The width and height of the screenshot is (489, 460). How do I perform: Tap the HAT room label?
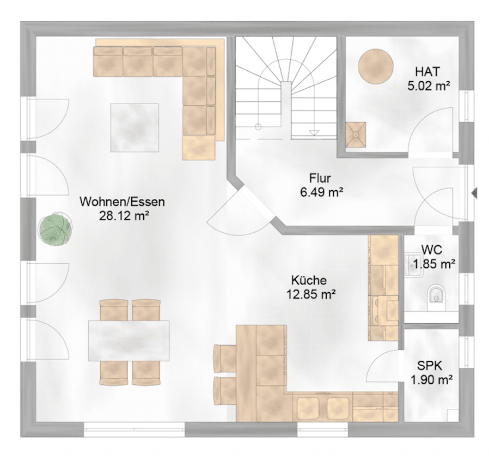(427, 71)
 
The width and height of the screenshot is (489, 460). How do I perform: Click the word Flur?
(320, 179)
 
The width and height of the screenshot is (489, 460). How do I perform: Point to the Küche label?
(309, 280)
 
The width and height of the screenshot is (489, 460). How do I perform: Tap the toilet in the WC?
(436, 295)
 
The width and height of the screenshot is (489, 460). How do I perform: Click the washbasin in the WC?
(413, 265)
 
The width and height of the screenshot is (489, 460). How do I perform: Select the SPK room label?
(430, 366)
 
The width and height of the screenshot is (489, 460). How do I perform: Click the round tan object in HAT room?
(376, 66)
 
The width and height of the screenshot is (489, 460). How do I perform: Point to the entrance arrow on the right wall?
(474, 193)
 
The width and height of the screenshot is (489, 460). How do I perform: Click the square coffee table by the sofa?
(135, 128)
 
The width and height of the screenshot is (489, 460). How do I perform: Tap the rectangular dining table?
(129, 341)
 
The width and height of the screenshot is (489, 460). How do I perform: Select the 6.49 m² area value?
(321, 193)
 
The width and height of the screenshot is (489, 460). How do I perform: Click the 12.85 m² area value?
(311, 294)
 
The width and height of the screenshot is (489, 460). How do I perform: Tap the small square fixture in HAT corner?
(356, 134)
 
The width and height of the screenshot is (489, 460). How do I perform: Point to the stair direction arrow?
(314, 132)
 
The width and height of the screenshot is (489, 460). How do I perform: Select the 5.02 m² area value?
(429, 86)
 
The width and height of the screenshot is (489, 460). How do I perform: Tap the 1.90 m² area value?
(431, 380)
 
